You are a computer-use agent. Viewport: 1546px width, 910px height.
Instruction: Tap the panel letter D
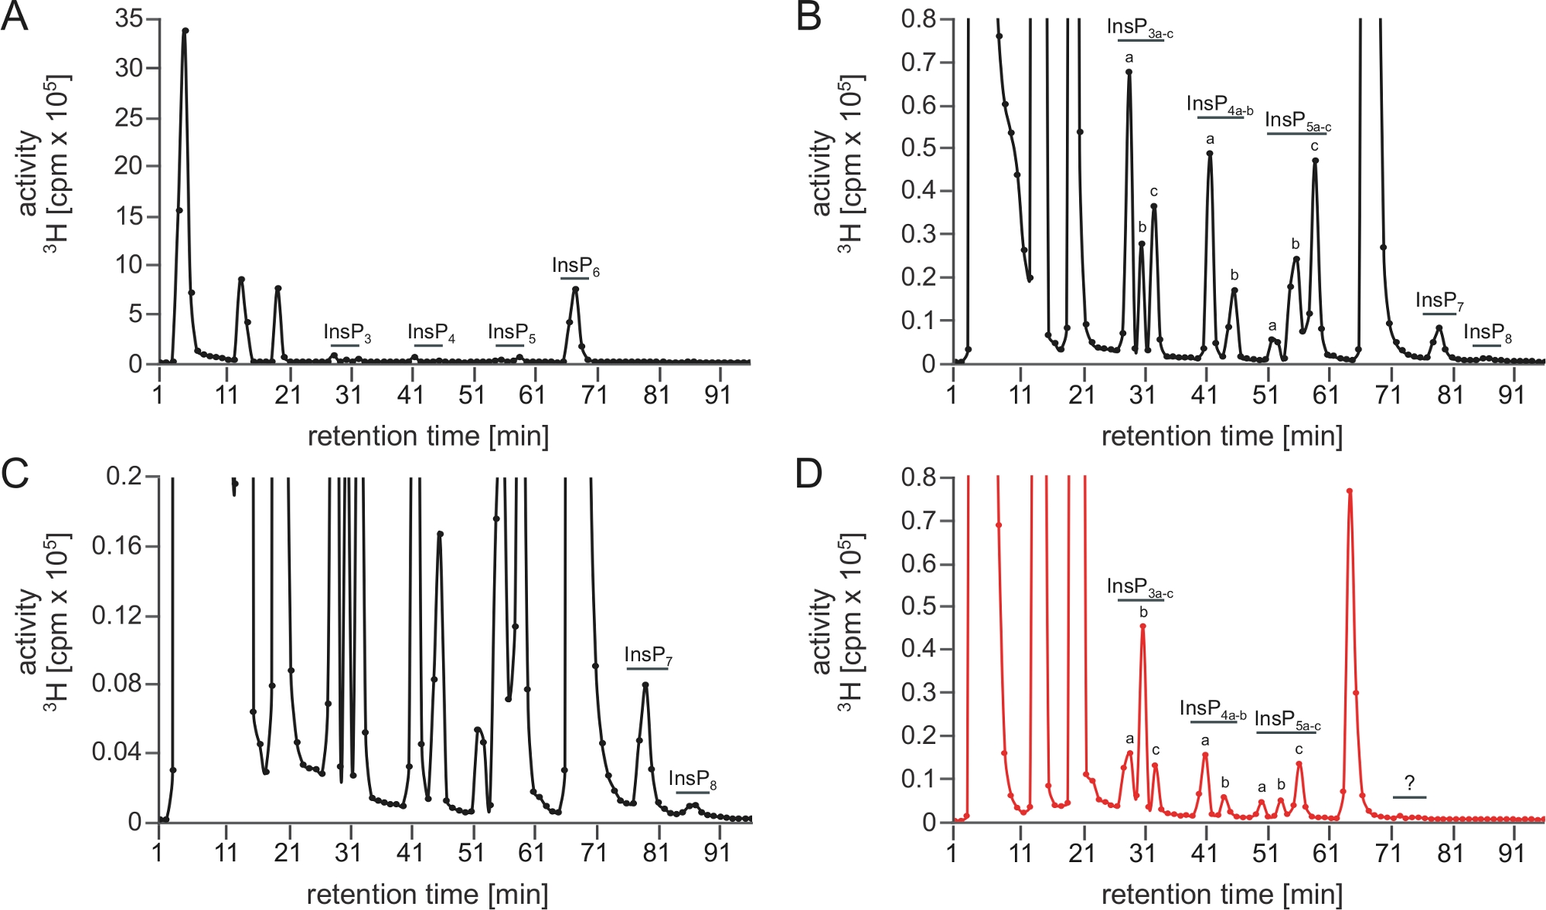tap(809, 474)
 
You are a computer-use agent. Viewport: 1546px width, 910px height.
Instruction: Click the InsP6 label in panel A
tap(575, 267)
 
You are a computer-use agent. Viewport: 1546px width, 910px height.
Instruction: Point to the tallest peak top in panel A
tap(185, 31)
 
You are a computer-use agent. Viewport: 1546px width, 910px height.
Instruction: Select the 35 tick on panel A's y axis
tap(129, 19)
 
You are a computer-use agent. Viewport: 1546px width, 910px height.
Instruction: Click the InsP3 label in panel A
tap(347, 333)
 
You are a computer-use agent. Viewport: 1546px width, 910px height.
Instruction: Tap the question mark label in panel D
tap(1410, 783)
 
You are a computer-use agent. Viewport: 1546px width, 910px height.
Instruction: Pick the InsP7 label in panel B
tap(1439, 301)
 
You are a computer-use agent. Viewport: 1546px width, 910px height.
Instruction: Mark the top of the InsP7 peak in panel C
tap(645, 684)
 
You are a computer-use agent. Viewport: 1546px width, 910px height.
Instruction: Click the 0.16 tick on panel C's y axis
tap(114, 546)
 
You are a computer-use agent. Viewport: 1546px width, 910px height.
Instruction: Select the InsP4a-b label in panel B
tap(1220, 105)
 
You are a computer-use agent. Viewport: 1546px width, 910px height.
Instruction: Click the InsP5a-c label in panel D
tap(1287, 720)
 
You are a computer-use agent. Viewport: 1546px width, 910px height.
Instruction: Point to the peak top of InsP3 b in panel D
tap(1142, 626)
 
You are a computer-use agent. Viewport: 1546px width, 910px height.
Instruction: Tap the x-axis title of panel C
tap(427, 895)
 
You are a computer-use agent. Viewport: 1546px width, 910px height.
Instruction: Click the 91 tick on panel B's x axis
tap(1511, 396)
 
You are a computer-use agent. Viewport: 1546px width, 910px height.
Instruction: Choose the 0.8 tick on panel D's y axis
tap(918, 477)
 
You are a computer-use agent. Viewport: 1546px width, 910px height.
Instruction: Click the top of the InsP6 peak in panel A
tap(575, 290)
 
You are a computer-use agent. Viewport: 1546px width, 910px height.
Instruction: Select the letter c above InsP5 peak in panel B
tap(1314, 146)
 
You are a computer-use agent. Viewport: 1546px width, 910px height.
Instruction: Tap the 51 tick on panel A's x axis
tap(472, 396)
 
